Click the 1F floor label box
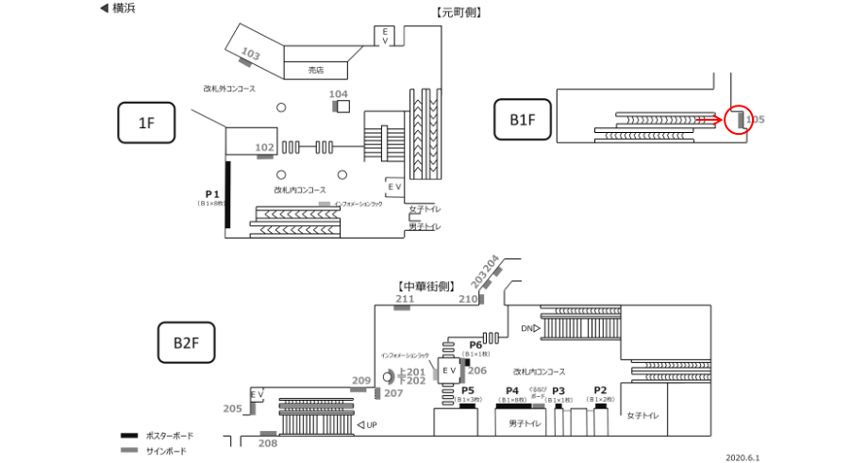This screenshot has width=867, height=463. (146, 122)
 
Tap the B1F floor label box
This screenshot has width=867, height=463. (522, 120)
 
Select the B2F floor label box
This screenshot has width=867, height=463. (186, 342)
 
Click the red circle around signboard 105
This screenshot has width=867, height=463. (739, 120)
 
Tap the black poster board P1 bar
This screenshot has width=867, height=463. (227, 194)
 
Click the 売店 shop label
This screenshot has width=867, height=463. (316, 70)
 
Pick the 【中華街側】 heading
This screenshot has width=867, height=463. (426, 285)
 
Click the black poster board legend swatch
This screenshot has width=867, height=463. (130, 436)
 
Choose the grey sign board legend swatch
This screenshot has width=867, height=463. (130, 451)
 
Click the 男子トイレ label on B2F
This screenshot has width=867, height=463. (524, 423)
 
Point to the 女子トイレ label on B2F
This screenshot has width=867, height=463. (642, 415)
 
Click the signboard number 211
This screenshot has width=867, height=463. (405, 300)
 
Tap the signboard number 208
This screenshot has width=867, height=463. (268, 442)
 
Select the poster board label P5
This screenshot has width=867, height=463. (467, 390)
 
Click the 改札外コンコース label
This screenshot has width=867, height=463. (229, 89)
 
